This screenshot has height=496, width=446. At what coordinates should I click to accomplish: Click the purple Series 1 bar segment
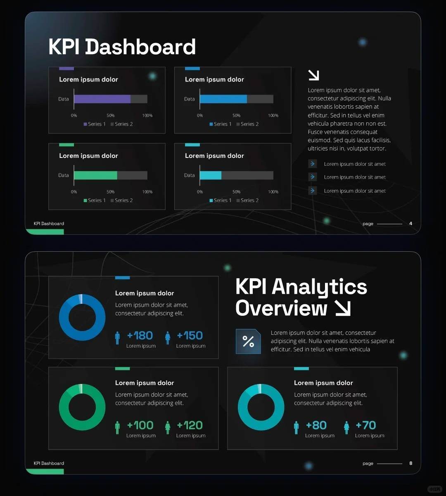pos(102,99)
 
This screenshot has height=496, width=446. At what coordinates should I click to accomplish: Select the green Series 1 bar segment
pos(95,175)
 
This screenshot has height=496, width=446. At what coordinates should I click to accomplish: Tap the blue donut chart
pos(82,317)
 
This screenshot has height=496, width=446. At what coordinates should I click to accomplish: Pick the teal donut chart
pos(261,407)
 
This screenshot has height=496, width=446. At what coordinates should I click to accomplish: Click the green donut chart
pos(82,407)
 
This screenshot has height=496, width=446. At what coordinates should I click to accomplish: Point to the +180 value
pos(140,336)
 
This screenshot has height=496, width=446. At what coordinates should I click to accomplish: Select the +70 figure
pos(366,425)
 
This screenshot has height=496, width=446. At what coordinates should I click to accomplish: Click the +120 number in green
pos(190,425)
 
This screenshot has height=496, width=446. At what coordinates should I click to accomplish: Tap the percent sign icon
pos(248,341)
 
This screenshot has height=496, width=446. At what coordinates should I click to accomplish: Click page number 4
pos(410,224)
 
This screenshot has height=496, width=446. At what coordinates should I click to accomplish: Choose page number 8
pos(410,463)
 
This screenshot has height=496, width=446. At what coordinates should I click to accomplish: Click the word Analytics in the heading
pos(319,286)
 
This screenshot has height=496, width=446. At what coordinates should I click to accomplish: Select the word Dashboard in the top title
pos(140,47)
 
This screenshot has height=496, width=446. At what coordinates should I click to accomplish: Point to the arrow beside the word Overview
pos(343,308)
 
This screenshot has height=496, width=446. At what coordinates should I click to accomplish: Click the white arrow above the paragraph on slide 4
pos(313,75)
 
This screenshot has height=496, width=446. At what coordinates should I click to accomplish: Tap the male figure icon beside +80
pos(296,428)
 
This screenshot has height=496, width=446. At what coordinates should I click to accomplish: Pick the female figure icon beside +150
pos(168,338)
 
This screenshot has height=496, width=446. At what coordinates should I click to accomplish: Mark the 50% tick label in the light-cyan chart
pos(236,192)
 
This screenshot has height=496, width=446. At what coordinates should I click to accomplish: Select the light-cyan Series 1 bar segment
pos(211,175)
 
